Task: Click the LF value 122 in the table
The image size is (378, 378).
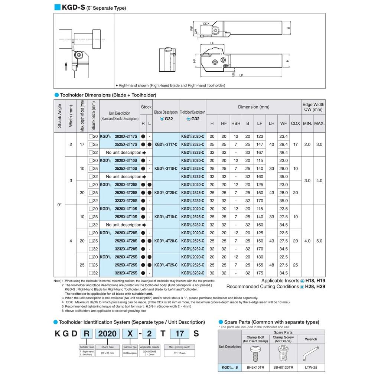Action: click(260, 136)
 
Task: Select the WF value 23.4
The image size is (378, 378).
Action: click(283, 136)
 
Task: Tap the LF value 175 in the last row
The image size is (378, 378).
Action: click(260, 273)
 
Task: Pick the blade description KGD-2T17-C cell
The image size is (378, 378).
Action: click(166, 144)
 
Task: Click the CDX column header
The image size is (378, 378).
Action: click(295, 123)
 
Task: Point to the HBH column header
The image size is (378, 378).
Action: click(235, 123)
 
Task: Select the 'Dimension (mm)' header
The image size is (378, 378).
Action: click(254, 107)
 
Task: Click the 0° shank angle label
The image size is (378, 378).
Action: click(59, 205)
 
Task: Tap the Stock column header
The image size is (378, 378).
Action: click(146, 107)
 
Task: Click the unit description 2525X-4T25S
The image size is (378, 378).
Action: click(126, 265)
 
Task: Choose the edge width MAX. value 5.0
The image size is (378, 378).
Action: click(319, 241)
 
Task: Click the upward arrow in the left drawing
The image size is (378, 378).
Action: click(66, 66)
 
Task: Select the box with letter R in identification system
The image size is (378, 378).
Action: click(86, 333)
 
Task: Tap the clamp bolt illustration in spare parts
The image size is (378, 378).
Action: click(255, 353)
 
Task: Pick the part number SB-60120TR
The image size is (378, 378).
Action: click(284, 368)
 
